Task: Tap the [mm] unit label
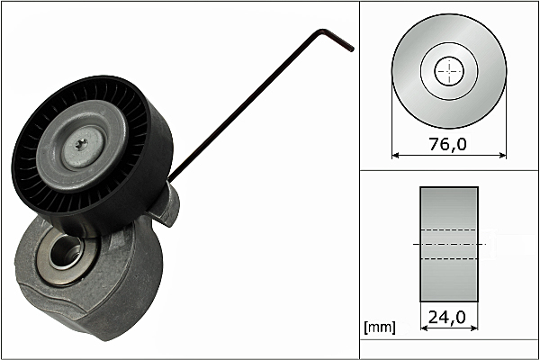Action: pyautogui.click(x=380, y=328)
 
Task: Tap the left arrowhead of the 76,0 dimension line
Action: pyautogui.click(x=396, y=155)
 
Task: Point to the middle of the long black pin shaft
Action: pyautogui.click(x=243, y=108)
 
